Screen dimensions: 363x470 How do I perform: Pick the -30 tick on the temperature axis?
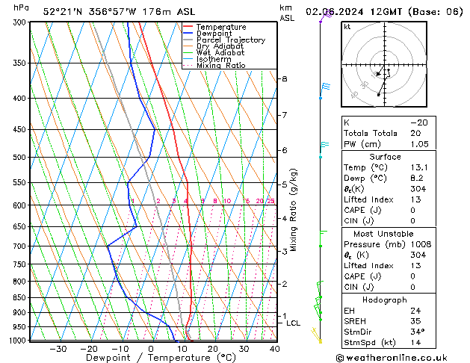(58, 349)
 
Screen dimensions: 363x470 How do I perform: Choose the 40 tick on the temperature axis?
(275, 349)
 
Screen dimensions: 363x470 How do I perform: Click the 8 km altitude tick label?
(284, 78)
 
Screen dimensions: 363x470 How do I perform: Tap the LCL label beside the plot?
(293, 323)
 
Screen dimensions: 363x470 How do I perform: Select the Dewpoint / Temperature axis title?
(152, 359)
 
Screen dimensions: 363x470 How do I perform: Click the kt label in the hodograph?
(347, 26)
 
